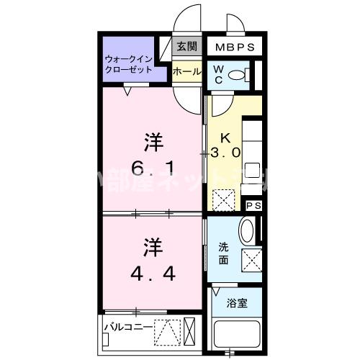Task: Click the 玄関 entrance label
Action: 186,46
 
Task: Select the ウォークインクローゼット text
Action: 130,64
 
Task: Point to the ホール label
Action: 186,71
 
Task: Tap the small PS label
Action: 253,205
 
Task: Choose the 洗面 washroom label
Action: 224,253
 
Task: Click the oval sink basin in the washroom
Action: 246,232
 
